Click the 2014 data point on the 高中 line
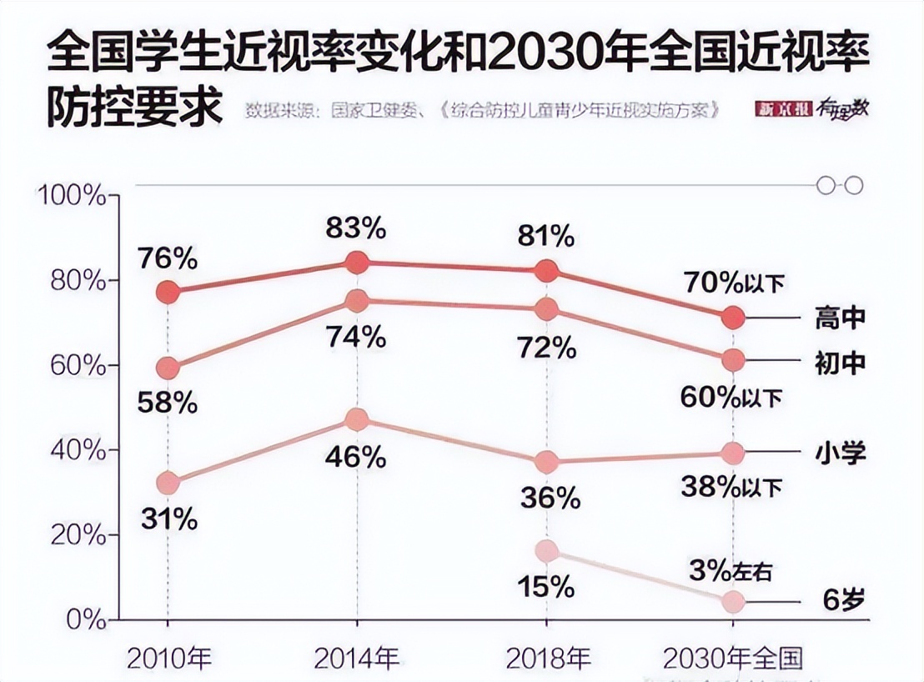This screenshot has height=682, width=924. (357, 263)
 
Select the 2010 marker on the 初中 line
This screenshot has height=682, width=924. (168, 368)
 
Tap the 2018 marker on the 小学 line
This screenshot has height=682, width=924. (546, 461)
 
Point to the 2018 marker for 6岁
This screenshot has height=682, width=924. (546, 550)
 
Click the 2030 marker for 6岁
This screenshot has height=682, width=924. (733, 601)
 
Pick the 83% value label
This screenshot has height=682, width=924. (357, 227)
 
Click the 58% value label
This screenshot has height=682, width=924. (168, 404)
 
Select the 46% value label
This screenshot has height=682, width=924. (357, 456)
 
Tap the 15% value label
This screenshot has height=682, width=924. (546, 586)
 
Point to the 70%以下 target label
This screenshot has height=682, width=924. (734, 283)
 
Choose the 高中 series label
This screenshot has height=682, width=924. (840, 318)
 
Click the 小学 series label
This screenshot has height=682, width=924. (840, 453)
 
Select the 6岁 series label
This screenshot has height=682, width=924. (840, 601)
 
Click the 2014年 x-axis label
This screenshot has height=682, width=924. (357, 658)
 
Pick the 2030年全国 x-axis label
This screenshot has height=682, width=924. (732, 658)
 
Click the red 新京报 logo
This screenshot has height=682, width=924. (783, 109)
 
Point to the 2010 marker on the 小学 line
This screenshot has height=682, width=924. (168, 483)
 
